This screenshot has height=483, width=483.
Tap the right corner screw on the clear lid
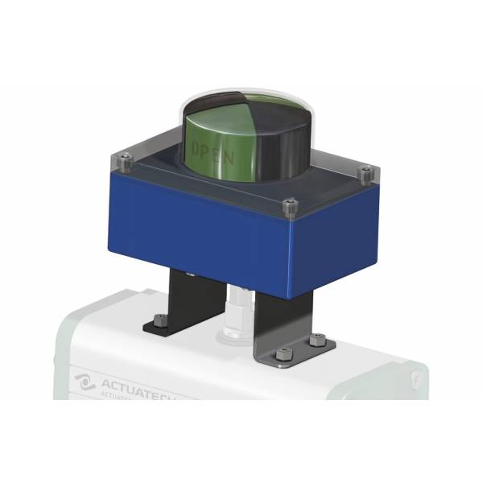pos(365,172)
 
